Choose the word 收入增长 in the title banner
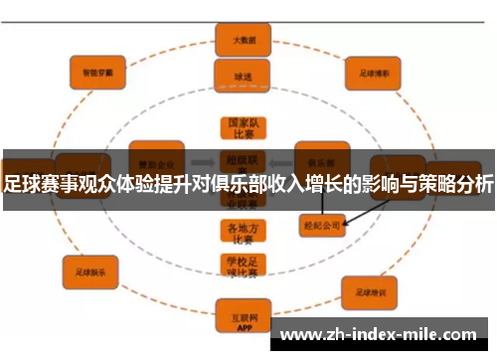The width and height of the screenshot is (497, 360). [335, 184]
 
